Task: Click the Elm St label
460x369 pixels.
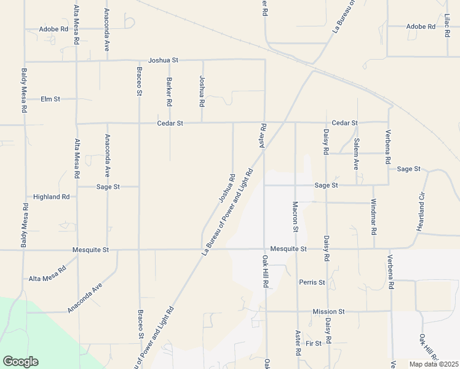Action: click(x=50, y=99)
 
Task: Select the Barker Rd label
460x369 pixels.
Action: click(x=169, y=90)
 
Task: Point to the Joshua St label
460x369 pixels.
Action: click(x=163, y=60)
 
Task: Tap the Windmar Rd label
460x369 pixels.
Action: click(x=373, y=218)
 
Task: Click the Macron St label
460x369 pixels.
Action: click(x=295, y=216)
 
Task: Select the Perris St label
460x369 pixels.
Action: click(x=312, y=282)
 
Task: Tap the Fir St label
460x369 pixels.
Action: click(x=314, y=343)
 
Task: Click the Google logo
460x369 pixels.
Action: click(x=20, y=362)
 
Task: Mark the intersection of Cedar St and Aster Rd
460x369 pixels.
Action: click(x=264, y=122)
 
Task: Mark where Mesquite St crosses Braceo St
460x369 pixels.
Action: click(x=139, y=250)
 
